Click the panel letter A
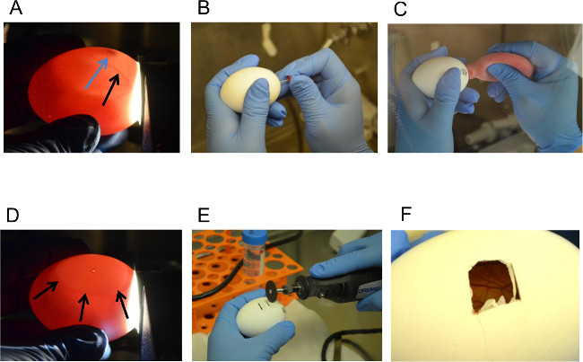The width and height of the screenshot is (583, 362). click(x=15, y=8)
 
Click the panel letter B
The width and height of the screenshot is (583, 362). click(x=204, y=8)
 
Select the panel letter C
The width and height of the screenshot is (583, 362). click(x=400, y=9)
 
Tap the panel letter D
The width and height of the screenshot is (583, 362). click(x=13, y=216)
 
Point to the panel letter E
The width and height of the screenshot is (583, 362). click(x=204, y=216)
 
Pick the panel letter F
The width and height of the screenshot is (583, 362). click(x=406, y=215)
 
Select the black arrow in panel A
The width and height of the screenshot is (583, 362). click(x=111, y=90)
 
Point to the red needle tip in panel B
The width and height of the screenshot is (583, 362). click(x=290, y=78)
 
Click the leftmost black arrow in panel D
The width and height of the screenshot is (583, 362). click(x=46, y=290)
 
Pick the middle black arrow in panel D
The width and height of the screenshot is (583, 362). click(x=83, y=307)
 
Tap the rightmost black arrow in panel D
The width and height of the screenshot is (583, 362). click(x=122, y=305)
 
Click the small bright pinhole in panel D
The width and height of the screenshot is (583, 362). click(x=93, y=270)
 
